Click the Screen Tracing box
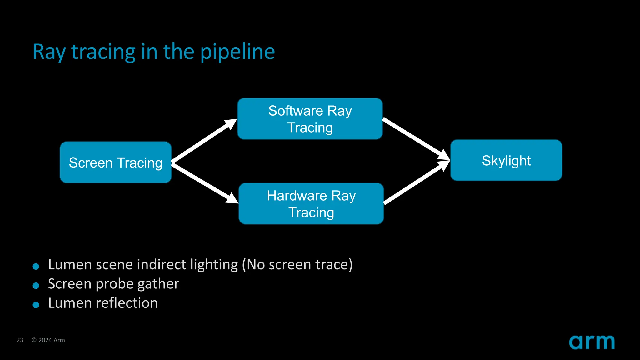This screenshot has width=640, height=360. [116, 162]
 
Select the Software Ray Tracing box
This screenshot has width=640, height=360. [310, 119]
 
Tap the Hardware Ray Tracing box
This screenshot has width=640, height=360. [311, 204]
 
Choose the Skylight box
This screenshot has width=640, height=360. [506, 160]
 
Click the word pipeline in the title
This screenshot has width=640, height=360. [237, 52]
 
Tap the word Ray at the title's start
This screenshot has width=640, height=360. [49, 52]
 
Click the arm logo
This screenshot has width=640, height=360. [592, 342]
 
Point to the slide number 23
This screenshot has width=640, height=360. [20, 340]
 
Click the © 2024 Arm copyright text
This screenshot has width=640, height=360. [48, 340]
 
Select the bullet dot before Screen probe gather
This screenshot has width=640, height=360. [36, 285]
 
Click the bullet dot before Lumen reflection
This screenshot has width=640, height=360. [36, 305]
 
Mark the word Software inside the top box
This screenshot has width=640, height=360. [295, 111]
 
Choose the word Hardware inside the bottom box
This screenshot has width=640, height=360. [297, 196]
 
